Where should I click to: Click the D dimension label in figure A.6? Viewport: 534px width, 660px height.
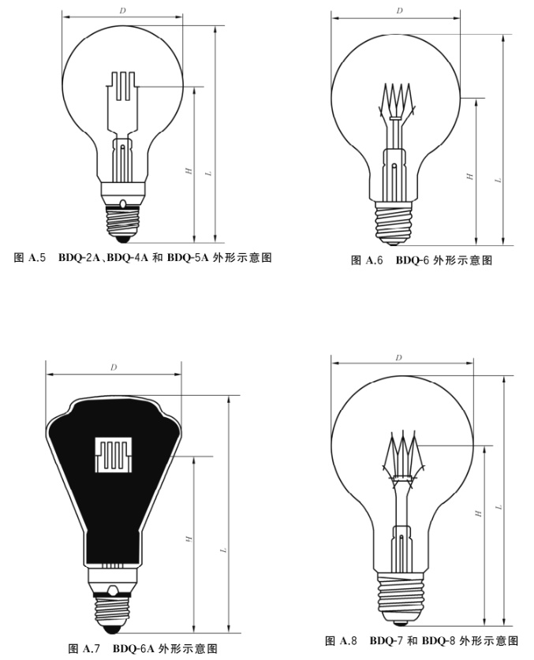click(400, 10)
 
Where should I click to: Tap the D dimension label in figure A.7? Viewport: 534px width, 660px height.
click(114, 367)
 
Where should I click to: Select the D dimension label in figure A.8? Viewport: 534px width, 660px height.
click(398, 357)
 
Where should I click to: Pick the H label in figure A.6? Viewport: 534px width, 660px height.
click(469, 177)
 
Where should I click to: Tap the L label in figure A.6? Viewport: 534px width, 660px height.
click(497, 180)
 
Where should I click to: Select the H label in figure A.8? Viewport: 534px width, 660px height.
click(477, 513)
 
